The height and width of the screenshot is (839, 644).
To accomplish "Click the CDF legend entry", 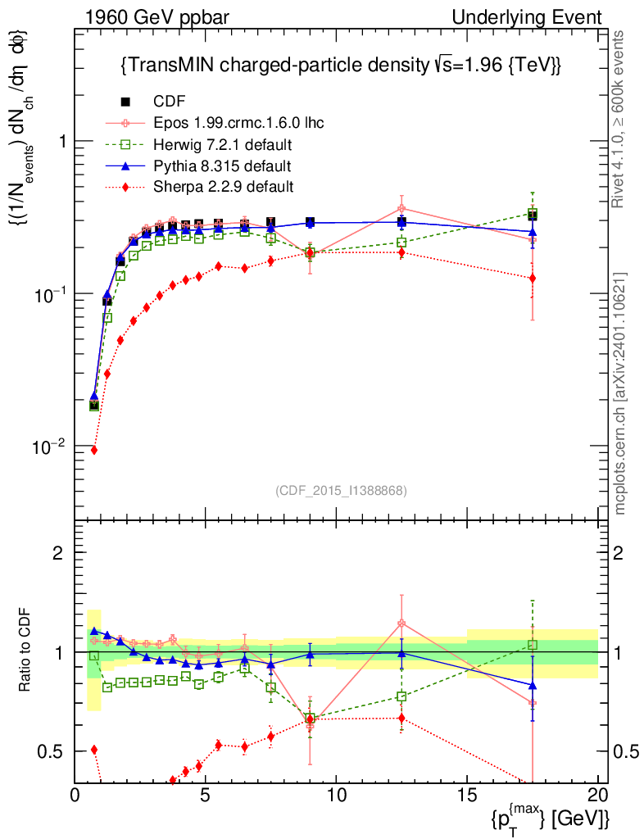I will tap(169, 102).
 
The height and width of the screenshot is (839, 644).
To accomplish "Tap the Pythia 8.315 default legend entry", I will tap(221, 166).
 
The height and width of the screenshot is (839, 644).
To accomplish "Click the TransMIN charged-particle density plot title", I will tap(340, 65).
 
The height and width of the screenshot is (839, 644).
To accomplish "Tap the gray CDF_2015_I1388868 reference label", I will tap(341, 490).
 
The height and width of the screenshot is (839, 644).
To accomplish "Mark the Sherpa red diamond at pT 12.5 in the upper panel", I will tap(401, 252).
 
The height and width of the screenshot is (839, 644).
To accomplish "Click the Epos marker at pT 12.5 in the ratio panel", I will tap(401, 624).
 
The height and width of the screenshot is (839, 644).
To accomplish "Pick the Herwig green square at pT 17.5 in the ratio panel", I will tap(533, 645).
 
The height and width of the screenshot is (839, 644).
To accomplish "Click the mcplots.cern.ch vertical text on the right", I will tap(621, 393).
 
